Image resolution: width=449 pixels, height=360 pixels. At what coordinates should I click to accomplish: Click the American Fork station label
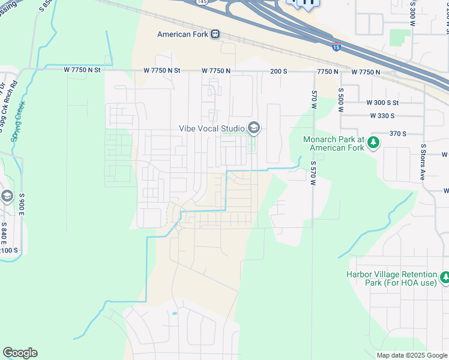click(182, 34)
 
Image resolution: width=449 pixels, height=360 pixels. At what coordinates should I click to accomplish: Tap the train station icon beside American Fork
click(215, 34)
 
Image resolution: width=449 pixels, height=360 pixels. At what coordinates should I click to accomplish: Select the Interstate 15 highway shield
click(336, 44)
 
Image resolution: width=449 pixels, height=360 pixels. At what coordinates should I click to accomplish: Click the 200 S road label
click(279, 71)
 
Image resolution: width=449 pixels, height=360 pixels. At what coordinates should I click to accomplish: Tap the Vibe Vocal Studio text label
click(212, 128)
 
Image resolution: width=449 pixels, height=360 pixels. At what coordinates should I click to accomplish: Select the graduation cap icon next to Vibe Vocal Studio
click(254, 128)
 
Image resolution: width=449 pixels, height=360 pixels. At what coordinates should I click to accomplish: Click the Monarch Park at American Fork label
click(334, 143)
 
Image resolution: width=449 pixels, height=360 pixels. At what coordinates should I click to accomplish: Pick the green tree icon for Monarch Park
click(373, 143)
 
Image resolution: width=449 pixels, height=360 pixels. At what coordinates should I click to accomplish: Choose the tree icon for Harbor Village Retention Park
click(445, 277)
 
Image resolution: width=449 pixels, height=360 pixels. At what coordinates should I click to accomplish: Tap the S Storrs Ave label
click(423, 163)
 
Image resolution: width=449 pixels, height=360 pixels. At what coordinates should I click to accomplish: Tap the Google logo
click(20, 353)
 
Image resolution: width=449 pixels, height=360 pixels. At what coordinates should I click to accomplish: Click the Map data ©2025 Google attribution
click(411, 355)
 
